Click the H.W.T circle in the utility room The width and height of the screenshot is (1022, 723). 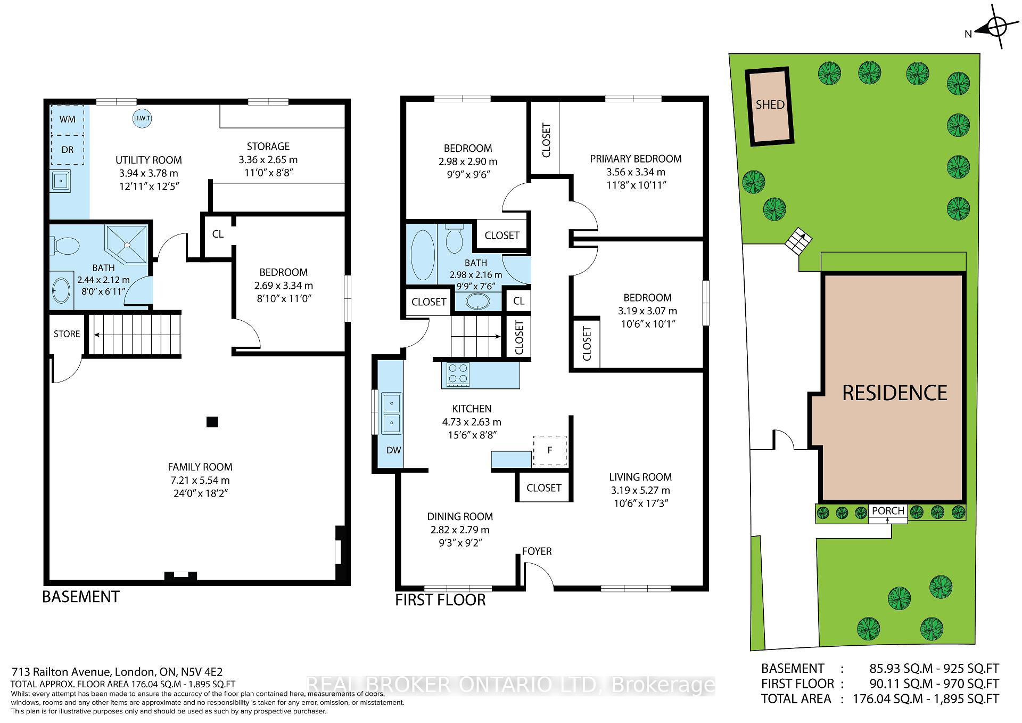click(142, 118)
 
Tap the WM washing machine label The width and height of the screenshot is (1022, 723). click(67, 119)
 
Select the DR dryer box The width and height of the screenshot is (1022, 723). click(67, 150)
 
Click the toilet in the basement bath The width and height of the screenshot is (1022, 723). click(64, 246)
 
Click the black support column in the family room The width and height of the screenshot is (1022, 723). click(212, 422)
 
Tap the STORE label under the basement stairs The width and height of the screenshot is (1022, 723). click(67, 334)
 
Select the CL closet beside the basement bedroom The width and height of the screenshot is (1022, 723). click(218, 234)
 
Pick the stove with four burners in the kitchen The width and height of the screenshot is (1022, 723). click(458, 373)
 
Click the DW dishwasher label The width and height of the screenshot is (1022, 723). click(393, 450)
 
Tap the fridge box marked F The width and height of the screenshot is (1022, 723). click(550, 450)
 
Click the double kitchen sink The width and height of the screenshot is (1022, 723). click(392, 412)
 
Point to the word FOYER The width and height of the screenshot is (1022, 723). click(537, 551)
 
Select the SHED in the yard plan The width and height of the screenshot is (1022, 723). click(770, 107)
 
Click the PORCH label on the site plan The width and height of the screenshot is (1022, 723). click(888, 510)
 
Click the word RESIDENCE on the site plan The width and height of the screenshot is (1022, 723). click(895, 393)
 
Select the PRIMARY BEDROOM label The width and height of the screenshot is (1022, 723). click(636, 159)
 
